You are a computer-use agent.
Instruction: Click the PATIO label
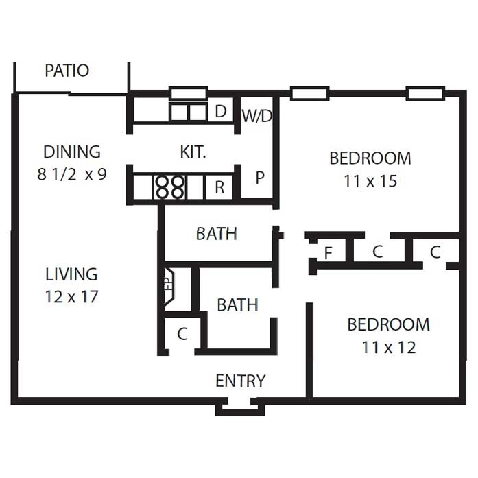(x=67, y=71)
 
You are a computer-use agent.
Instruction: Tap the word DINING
(x=72, y=152)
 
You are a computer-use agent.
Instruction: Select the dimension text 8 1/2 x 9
(x=72, y=175)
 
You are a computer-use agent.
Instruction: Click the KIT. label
(x=193, y=152)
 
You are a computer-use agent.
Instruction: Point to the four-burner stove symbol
(x=170, y=187)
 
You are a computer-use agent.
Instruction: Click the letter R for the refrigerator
(x=219, y=187)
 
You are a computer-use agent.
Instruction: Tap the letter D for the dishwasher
(x=221, y=111)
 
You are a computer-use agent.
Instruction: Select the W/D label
(x=256, y=116)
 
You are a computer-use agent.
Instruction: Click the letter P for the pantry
(x=260, y=178)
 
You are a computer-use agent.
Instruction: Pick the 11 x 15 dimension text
(x=370, y=181)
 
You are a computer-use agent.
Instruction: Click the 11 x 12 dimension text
(x=389, y=348)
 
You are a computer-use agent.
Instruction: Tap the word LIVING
(x=71, y=274)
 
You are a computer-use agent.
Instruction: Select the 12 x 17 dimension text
(x=71, y=297)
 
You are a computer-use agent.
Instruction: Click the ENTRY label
(x=241, y=381)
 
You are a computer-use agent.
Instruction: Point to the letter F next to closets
(x=328, y=253)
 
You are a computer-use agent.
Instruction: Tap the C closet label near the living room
(x=182, y=334)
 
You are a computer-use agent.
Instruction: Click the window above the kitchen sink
(x=189, y=93)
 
